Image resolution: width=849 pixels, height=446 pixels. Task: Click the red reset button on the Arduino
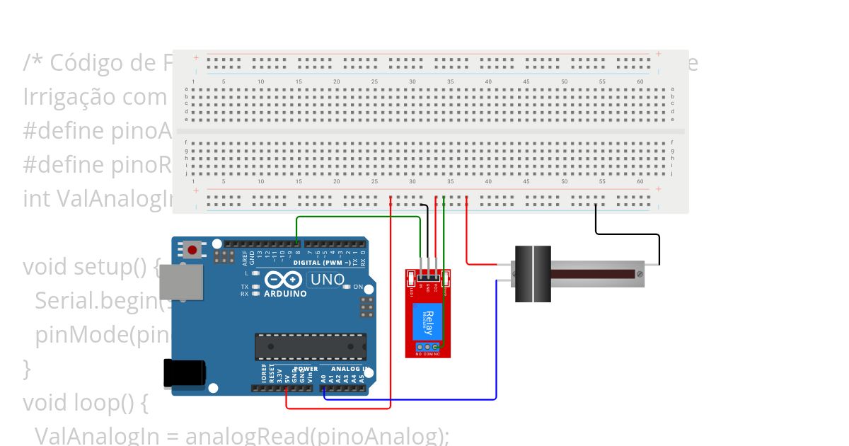pyautogui.click(x=192, y=249)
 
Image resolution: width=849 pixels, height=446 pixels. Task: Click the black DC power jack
pyautogui.click(x=183, y=373)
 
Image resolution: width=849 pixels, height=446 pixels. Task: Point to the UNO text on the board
pyautogui.click(x=328, y=280)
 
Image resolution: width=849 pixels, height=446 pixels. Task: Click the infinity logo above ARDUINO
pyautogui.click(x=283, y=280)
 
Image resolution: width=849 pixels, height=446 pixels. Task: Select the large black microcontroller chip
pyautogui.click(x=311, y=346)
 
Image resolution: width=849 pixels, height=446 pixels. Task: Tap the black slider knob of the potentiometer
pyautogui.click(x=532, y=274)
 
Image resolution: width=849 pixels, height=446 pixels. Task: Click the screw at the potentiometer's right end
pyautogui.click(x=640, y=273)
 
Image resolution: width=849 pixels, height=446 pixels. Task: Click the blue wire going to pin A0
pyautogui.click(x=496, y=340)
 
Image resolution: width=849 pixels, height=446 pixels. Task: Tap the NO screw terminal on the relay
pyautogui.click(x=419, y=346)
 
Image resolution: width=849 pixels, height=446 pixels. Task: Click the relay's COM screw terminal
pyautogui.click(x=427, y=346)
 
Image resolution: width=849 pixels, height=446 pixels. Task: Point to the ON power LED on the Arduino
pyautogui.click(x=349, y=287)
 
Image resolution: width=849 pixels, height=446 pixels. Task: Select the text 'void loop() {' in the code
pyautogui.click(x=85, y=402)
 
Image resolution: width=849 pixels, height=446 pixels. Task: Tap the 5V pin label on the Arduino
pyautogui.click(x=287, y=376)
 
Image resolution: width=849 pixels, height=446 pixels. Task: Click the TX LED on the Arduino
pyautogui.click(x=255, y=287)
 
